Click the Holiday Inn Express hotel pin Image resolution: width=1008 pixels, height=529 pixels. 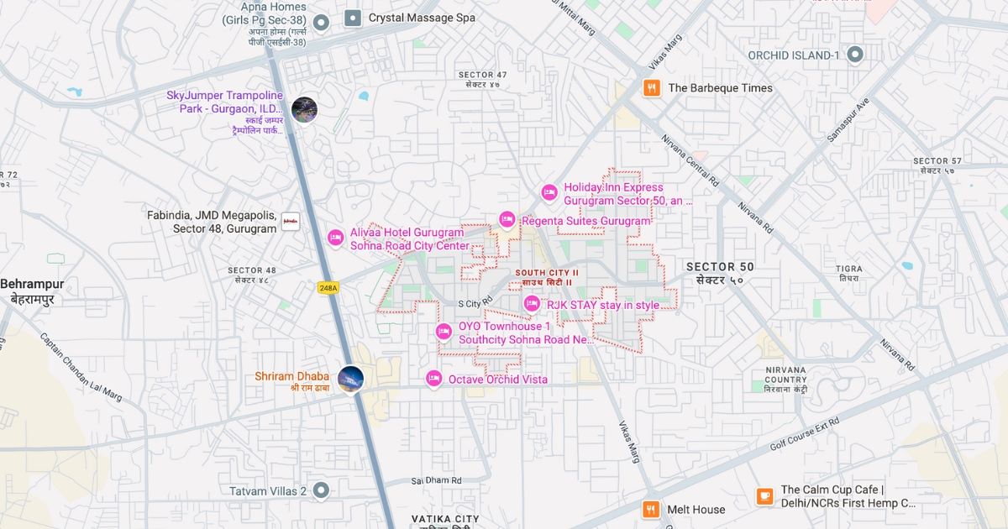[x=549, y=192]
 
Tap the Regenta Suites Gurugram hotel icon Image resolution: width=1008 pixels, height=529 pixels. [x=507, y=219]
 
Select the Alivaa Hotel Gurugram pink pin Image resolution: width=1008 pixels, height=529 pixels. [x=335, y=238]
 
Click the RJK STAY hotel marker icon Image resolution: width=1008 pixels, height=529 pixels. [x=532, y=303]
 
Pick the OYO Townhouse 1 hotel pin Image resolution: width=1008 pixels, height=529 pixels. [x=444, y=332]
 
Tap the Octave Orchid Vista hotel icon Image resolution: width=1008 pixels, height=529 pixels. [x=433, y=379]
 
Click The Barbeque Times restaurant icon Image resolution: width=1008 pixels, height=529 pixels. [x=651, y=87]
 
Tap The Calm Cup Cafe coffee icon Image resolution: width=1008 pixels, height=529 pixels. [x=764, y=496]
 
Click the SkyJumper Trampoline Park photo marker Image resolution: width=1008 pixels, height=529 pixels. [x=304, y=110]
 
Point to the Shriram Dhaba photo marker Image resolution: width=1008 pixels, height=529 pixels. [x=350, y=379]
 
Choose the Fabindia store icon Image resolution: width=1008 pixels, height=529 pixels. [x=291, y=222]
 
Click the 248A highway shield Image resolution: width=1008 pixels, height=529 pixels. [x=328, y=288]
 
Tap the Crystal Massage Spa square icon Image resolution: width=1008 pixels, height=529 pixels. [x=353, y=18]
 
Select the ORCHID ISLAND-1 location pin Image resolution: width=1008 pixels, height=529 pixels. [x=855, y=55]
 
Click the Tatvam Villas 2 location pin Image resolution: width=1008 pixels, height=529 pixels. [x=321, y=490]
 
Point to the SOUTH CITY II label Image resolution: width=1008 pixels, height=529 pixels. [x=547, y=273]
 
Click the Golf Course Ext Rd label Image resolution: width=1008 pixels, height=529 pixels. [x=804, y=434]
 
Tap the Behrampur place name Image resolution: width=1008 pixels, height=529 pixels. [x=32, y=284]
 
